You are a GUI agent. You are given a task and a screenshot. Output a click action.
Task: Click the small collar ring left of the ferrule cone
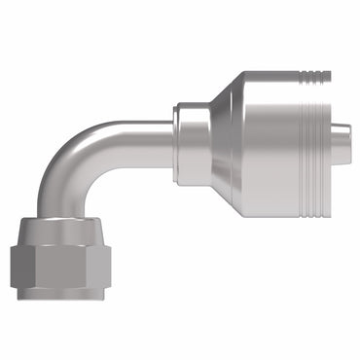coord(188,129)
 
